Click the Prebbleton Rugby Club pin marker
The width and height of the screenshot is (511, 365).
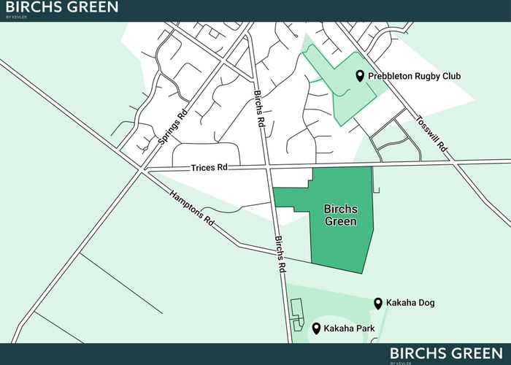(x=360, y=76)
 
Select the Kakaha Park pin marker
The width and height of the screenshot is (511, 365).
(x=316, y=328)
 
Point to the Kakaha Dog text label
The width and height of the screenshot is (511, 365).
(x=411, y=303)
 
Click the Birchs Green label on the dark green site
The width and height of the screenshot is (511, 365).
(x=340, y=215)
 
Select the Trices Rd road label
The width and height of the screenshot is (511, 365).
(x=210, y=167)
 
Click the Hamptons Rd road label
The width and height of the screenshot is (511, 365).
(x=191, y=209)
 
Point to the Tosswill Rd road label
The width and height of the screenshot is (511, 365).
(x=431, y=134)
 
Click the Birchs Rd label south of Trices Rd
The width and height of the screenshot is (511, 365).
(x=279, y=254)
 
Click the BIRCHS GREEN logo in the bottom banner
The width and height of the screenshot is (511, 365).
(x=445, y=354)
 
